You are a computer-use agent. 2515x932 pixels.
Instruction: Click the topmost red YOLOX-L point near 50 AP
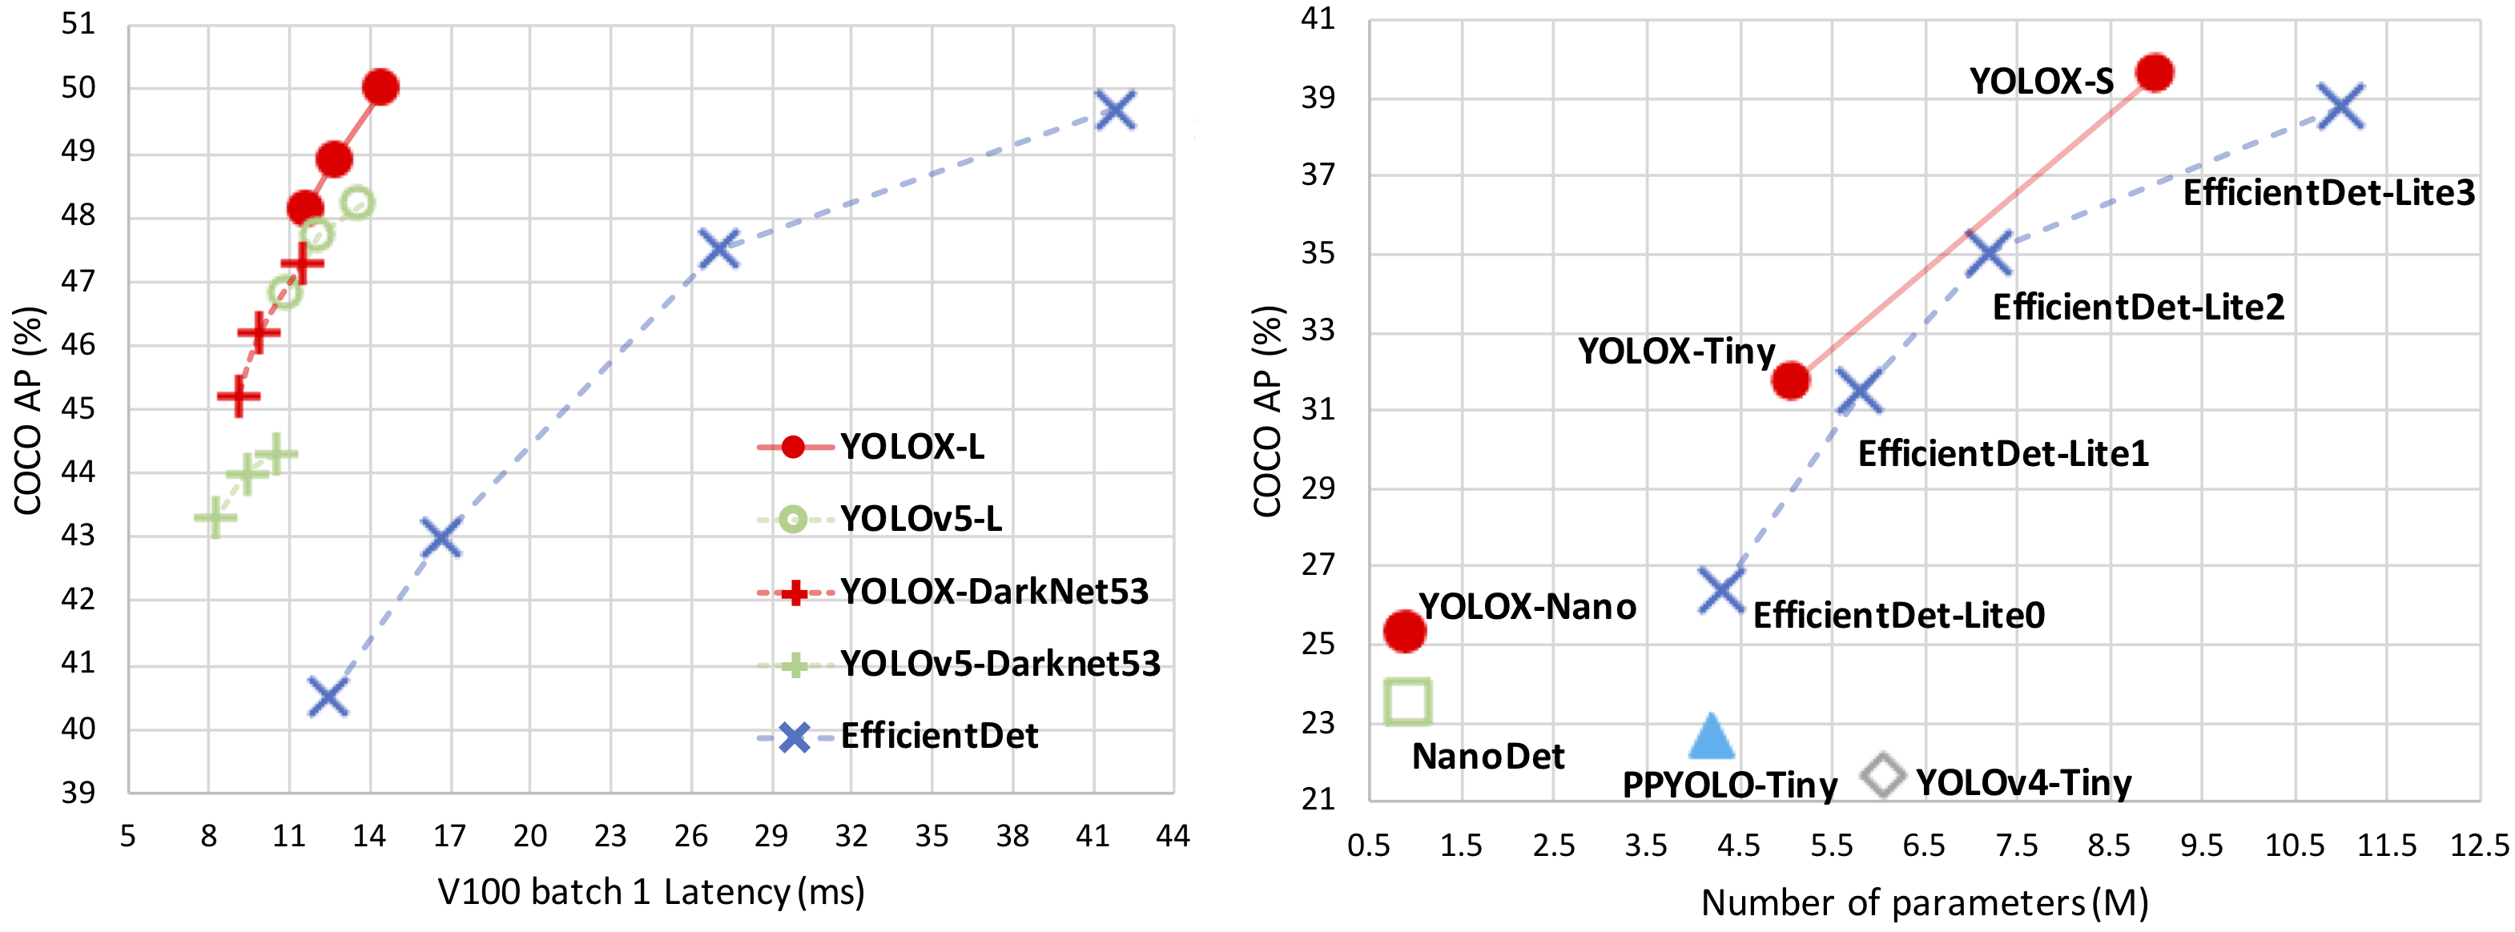coord(380,86)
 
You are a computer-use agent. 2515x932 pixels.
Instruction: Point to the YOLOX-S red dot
coord(2154,72)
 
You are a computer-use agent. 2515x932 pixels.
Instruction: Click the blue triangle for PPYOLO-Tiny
coord(1711,737)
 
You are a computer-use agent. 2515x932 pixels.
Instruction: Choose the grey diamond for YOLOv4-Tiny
coord(1882,775)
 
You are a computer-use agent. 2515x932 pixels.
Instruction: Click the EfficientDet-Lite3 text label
coord(2328,193)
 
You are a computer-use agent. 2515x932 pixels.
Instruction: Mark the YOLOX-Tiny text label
coord(1676,352)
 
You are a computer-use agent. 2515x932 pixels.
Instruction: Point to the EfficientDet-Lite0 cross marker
coord(1720,590)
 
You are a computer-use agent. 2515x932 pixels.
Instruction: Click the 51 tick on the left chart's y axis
coord(79,23)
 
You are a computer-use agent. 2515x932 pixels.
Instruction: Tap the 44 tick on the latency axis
coord(1173,837)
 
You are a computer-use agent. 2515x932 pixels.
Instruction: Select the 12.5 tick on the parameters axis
coord(2479,846)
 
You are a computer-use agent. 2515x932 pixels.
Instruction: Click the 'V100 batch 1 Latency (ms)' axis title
coord(650,892)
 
